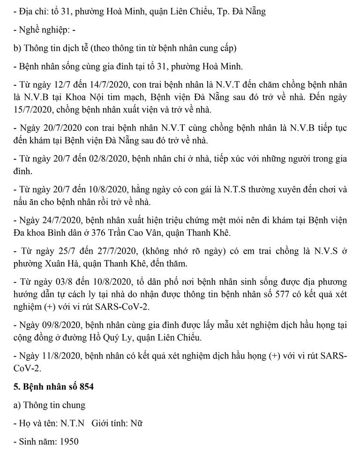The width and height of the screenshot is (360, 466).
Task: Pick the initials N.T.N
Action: point(72,423)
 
